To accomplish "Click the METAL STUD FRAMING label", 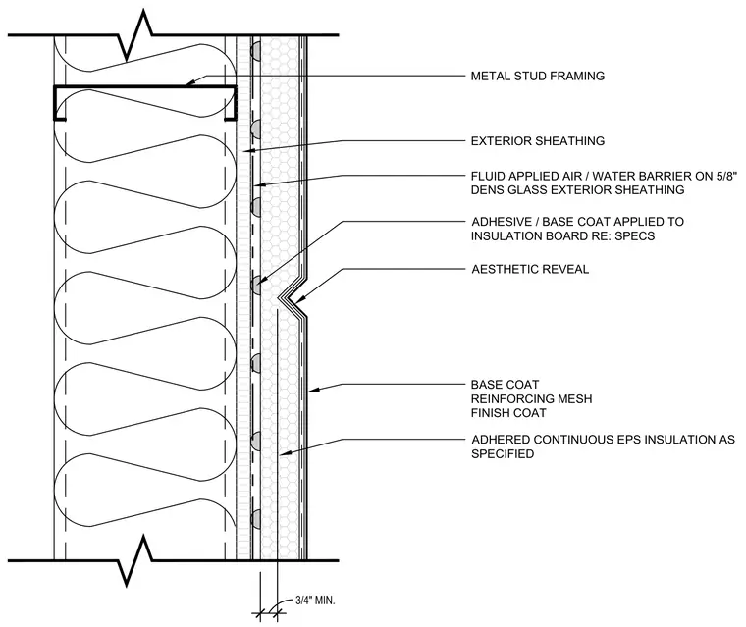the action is click(538, 77).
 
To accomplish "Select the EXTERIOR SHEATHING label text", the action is click(538, 141).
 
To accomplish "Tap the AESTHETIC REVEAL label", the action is click(530, 269).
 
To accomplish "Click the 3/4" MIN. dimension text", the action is click(315, 601).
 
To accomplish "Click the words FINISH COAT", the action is click(508, 413).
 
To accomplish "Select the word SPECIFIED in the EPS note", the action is click(503, 454).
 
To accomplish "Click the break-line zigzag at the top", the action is click(135, 35).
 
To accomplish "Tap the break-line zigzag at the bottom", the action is click(135, 560).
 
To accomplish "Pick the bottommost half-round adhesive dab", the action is click(255, 518).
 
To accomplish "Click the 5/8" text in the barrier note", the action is click(726, 176).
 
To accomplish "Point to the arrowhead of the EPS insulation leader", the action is click(285, 454).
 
